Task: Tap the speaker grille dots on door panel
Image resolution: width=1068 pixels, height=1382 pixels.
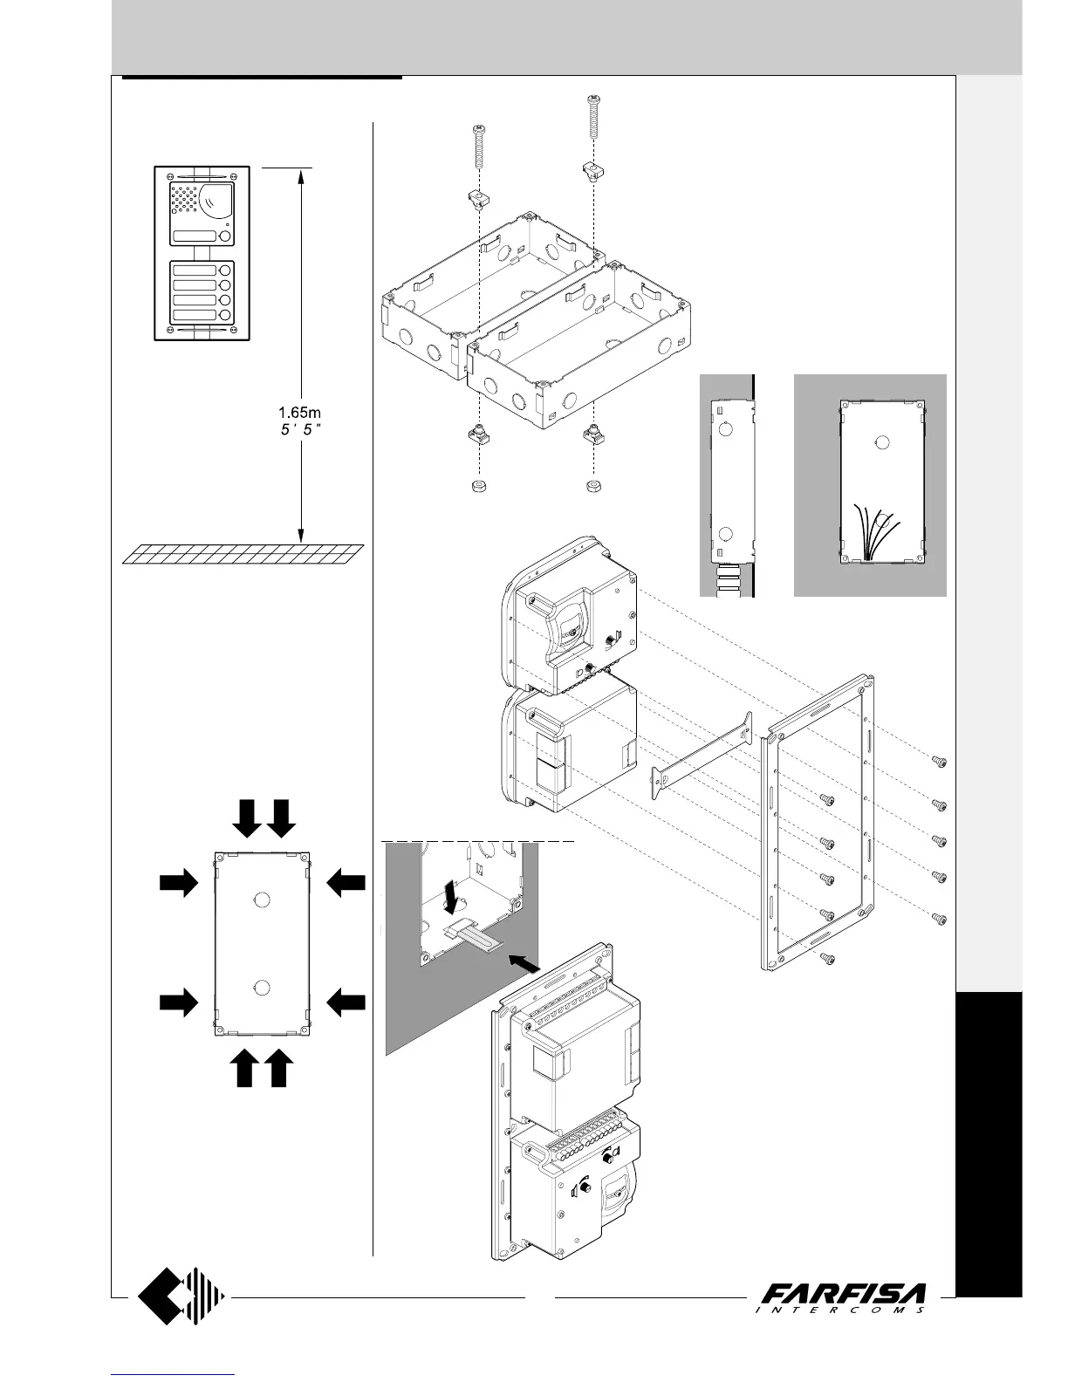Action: [x=182, y=200]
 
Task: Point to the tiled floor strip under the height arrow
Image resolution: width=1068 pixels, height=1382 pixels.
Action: [x=243, y=554]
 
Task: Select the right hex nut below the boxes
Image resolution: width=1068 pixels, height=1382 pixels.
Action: [x=592, y=485]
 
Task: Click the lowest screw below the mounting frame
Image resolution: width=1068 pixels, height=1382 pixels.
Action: [x=829, y=960]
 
